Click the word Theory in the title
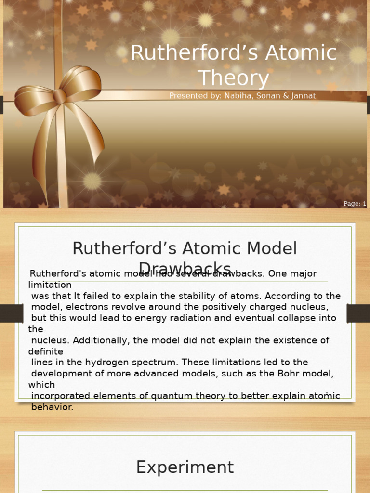[x=234, y=78]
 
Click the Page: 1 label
[x=355, y=204]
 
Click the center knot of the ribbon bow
[x=60, y=96]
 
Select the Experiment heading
[x=185, y=467]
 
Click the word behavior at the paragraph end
[x=52, y=407]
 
